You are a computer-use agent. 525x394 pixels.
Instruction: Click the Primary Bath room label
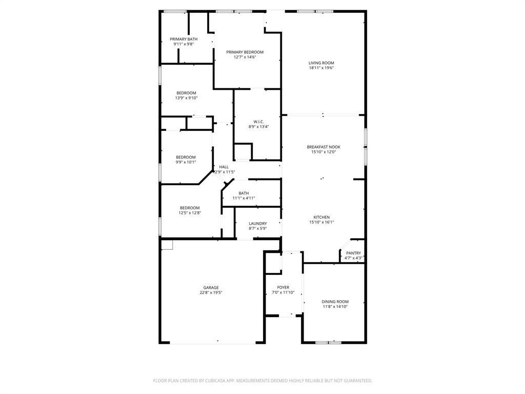pos(184,39)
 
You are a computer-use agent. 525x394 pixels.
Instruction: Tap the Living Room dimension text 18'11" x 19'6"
pos(321,68)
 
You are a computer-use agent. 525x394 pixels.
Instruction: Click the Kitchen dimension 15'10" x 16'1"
pos(321,222)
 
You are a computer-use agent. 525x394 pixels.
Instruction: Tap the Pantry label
pos(353,253)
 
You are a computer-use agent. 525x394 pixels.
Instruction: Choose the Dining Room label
pos(335,302)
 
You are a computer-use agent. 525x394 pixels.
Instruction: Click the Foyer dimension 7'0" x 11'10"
pos(283,292)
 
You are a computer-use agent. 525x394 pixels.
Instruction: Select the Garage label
pos(211,288)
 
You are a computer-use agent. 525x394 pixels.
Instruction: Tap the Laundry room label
pos(258,224)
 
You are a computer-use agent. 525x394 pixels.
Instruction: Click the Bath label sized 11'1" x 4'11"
pos(244,193)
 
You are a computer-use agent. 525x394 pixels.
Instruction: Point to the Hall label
pos(224,167)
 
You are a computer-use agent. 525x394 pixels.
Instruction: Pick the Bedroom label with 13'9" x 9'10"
pos(186,93)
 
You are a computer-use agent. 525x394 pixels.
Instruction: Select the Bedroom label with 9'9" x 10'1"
pos(186,157)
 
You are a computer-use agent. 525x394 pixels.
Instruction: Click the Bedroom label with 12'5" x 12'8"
pos(190,208)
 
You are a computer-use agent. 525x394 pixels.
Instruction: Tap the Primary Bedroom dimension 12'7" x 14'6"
pos(245,57)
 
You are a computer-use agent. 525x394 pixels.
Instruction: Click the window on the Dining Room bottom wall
pos(329,342)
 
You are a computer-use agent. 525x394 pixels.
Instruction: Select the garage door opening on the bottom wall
pos(217,343)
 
